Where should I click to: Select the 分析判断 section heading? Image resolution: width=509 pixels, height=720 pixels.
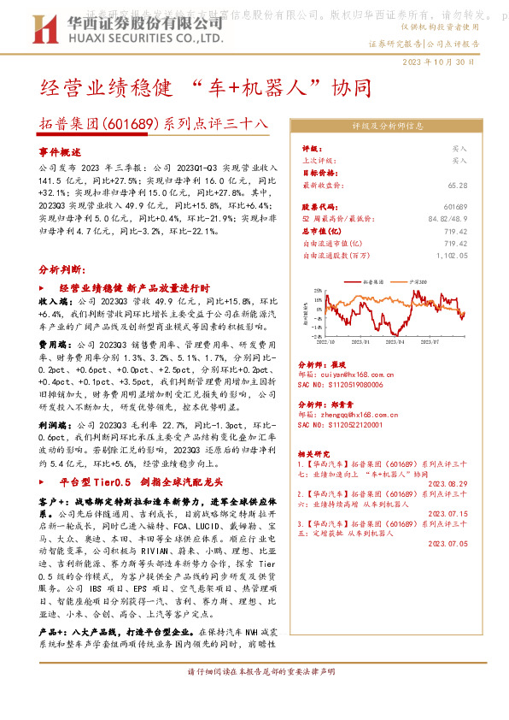tap(61, 269)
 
